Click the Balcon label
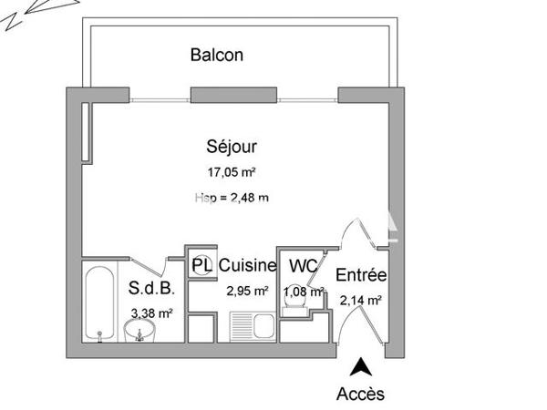[217, 55]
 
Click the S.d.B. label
[148, 290]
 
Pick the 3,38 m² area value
[152, 313]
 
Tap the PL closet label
[201, 266]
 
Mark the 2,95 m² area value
[247, 292]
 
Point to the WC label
[303, 266]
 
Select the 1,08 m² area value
[304, 292]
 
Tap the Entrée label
[361, 275]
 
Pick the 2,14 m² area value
[360, 299]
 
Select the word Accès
[361, 394]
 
